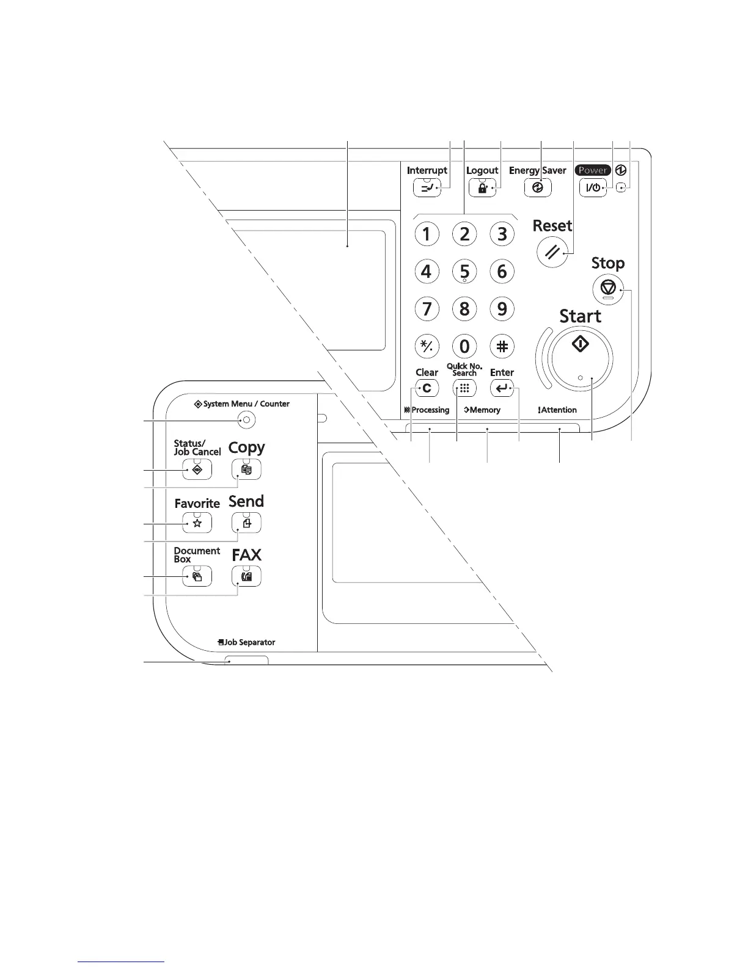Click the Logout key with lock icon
tap(482, 188)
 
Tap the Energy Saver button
tap(538, 188)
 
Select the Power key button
tap(593, 188)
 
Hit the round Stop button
tap(607, 286)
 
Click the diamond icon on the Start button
tap(580, 344)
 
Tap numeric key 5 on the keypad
tap(464, 272)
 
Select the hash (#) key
tap(502, 346)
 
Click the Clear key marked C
tap(427, 388)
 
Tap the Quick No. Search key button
tap(464, 388)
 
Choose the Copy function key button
tap(246, 469)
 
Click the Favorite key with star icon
tap(197, 523)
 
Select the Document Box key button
tap(197, 576)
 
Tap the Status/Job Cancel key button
tap(197, 469)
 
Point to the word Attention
tap(559, 410)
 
